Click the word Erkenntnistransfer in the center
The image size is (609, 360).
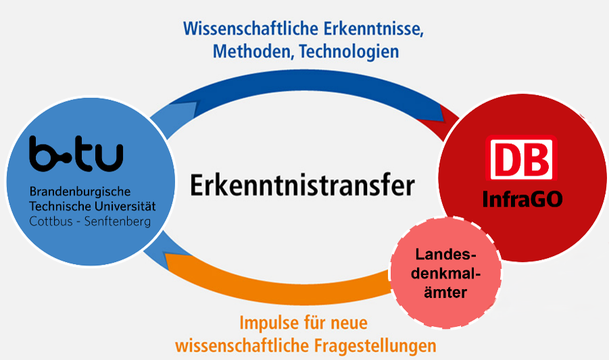coord(302,185)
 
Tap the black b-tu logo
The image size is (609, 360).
coord(76,153)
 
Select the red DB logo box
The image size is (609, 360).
coord(521,158)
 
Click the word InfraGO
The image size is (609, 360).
coord(522,199)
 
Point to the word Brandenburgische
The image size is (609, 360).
coord(80,192)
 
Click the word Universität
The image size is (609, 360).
coord(124,206)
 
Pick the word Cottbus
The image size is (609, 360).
coord(51,222)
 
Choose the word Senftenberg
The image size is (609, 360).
coord(118,222)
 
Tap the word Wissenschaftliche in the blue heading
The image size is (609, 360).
coord(251,29)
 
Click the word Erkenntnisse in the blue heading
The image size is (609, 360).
coord(374,29)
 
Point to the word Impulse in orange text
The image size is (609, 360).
coord(269,323)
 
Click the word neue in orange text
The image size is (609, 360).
coord(349,324)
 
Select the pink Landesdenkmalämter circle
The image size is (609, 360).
coord(445,272)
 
